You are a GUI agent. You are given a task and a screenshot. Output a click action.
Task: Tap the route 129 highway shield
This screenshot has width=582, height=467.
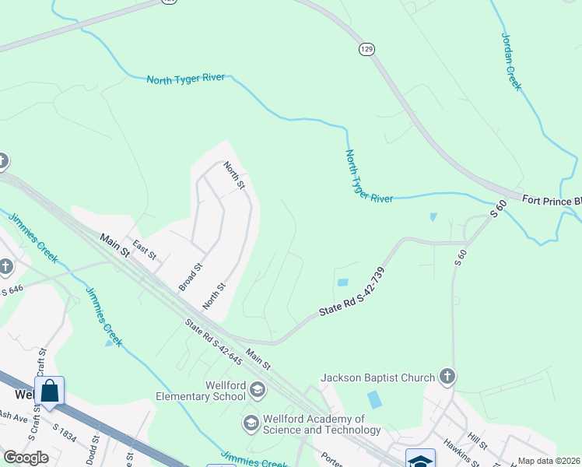tap(366, 49)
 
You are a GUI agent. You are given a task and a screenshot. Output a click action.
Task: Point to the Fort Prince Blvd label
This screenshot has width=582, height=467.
tap(552, 200)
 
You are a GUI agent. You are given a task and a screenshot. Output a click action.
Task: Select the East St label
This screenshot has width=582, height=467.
tap(145, 249)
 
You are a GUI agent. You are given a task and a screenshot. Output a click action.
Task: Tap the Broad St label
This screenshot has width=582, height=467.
tap(191, 276)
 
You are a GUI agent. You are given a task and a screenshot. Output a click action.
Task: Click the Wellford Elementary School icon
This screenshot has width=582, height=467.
tap(258, 389)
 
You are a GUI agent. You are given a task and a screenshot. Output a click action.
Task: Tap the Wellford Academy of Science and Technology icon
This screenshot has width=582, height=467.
tap(251, 423)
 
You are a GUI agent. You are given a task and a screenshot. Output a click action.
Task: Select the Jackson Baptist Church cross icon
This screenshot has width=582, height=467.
tap(447, 377)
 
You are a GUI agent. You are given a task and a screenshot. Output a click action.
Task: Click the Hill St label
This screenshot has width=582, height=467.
tap(476, 444)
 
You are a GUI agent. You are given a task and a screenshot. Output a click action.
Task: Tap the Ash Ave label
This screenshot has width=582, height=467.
tap(14, 416)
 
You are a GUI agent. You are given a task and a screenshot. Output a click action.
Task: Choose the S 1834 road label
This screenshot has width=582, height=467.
tap(64, 433)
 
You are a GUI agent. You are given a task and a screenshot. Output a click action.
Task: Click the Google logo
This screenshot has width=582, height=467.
tap(25, 458)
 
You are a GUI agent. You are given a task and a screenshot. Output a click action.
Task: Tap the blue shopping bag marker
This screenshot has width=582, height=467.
tap(49, 391)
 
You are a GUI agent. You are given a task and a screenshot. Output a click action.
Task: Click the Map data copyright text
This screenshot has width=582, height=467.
tap(549, 461)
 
